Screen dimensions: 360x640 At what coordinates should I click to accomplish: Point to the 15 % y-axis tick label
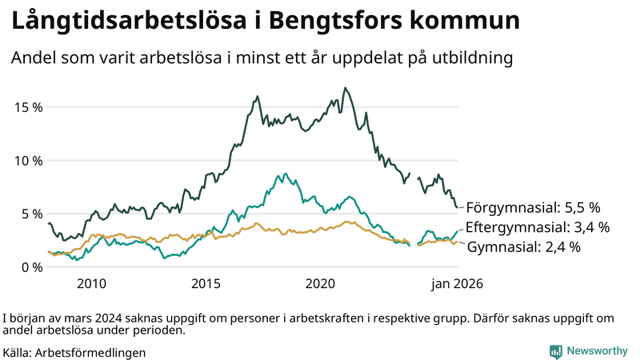click(27, 107)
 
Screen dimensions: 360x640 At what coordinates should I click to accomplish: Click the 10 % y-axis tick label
click(27, 160)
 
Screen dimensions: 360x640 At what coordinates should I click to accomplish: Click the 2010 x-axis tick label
click(91, 284)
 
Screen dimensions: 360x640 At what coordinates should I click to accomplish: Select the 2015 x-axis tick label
click(206, 284)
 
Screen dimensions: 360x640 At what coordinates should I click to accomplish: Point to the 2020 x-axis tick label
click(320, 284)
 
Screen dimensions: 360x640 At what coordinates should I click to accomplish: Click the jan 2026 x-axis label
click(457, 284)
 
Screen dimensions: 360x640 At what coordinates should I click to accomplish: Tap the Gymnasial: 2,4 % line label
click(523, 248)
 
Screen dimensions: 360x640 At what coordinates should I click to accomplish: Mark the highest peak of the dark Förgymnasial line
click(345, 88)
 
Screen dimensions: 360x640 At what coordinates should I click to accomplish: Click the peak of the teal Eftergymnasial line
click(285, 173)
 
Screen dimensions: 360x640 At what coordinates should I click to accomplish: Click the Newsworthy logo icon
click(555, 351)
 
